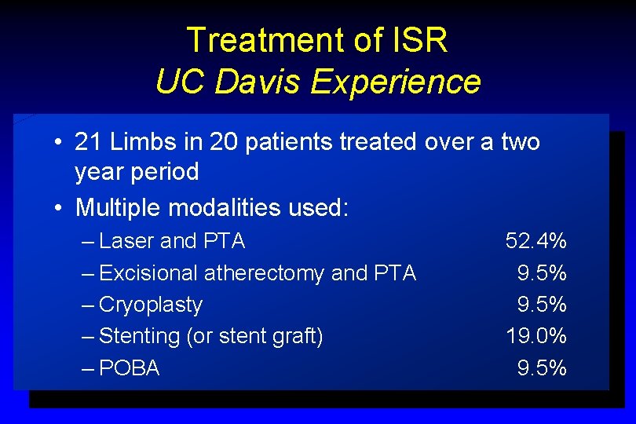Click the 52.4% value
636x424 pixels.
[536, 241]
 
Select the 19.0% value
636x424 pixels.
[536, 336]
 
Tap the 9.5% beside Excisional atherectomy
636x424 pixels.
[542, 273]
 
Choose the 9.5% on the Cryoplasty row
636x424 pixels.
[542, 305]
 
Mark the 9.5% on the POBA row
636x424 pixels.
[542, 367]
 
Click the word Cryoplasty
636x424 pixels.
[152, 305]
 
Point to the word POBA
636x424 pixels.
[130, 367]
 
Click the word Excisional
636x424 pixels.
[149, 273]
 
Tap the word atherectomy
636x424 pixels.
[264, 273]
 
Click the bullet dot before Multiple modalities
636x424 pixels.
[60, 209]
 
